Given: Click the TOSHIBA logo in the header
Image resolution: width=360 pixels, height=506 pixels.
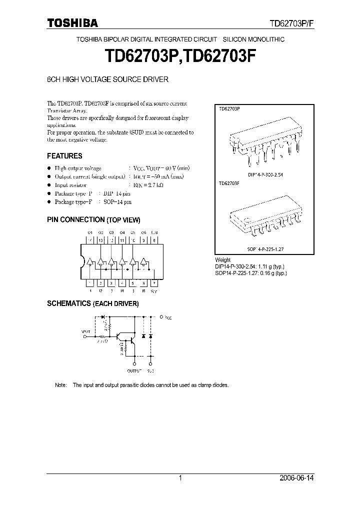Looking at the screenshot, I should (x=72, y=23).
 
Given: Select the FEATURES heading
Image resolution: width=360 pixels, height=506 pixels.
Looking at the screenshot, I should (x=64, y=155).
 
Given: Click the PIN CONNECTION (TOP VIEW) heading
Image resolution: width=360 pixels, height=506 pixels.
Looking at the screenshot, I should (x=93, y=219).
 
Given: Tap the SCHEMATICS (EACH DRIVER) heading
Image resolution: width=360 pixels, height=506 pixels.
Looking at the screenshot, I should (x=92, y=303).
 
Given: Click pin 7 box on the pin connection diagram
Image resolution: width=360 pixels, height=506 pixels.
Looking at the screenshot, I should (x=154, y=283).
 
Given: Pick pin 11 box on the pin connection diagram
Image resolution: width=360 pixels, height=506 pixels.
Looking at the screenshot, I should (x=122, y=240).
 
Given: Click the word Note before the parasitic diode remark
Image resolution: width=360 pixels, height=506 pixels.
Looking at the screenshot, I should (x=60, y=385).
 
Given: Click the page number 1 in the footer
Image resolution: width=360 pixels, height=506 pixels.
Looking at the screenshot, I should (x=180, y=478).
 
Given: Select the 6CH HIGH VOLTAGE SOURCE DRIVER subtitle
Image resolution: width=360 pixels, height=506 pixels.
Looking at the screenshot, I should (x=107, y=79).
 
